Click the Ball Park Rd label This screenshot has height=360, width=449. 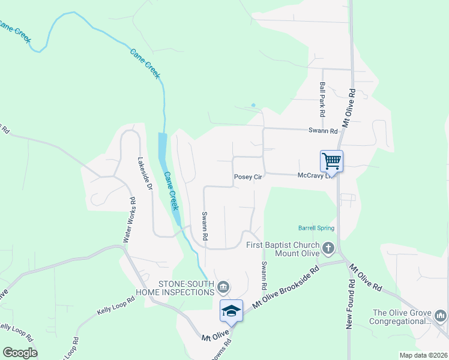point(322,100)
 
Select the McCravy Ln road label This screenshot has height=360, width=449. point(314,176)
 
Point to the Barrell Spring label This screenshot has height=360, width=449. point(316,228)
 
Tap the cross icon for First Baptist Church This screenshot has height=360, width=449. point(328,248)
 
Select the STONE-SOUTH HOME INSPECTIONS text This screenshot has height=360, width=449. point(186,288)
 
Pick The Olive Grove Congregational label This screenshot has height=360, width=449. point(402,317)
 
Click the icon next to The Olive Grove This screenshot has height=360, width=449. point(441,316)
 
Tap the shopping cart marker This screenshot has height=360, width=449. point(331,161)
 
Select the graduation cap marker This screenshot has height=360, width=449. point(231,310)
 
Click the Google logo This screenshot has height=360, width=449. point(20,353)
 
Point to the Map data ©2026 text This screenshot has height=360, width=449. point(423,355)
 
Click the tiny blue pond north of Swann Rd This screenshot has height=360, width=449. point(253,106)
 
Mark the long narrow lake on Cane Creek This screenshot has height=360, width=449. point(163,150)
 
